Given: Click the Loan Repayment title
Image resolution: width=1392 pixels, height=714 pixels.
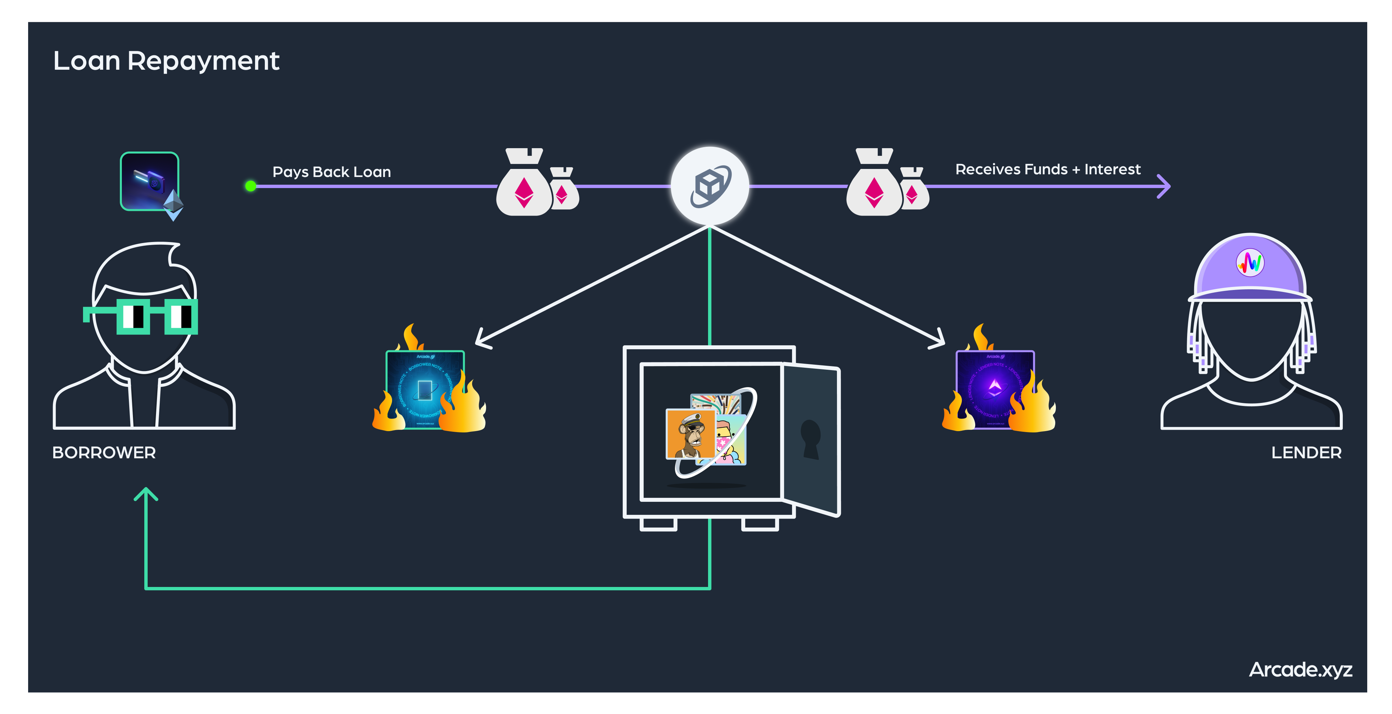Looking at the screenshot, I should point(166,61).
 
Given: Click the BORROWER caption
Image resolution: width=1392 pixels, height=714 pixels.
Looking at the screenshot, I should point(104,453).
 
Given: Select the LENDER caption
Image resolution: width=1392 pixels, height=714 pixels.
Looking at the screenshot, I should point(1306,453).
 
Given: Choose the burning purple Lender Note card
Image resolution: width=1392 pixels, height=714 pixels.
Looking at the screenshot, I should point(995,390).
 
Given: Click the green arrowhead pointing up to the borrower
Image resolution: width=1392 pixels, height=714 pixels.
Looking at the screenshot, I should point(146,494).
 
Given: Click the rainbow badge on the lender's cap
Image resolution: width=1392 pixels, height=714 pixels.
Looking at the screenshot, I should point(1250,263).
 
